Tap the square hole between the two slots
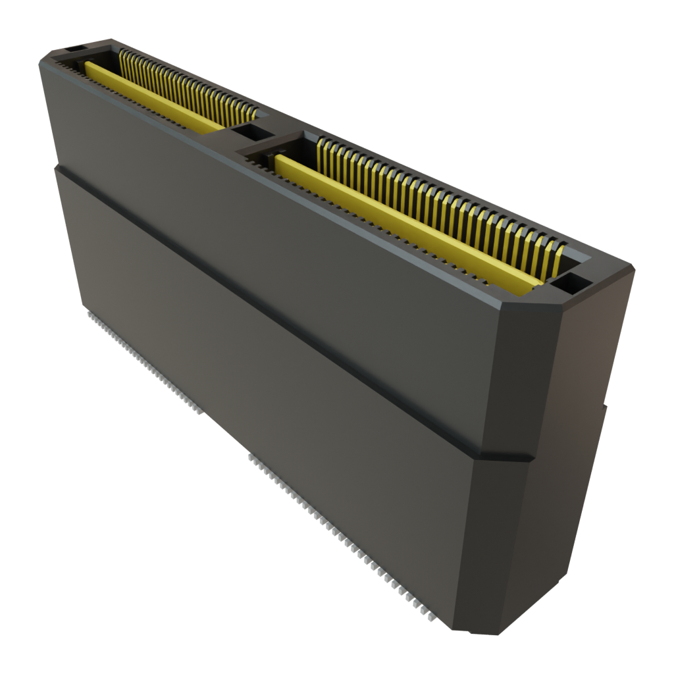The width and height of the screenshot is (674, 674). [x=248, y=133]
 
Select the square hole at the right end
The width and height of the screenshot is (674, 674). [x=571, y=284]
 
